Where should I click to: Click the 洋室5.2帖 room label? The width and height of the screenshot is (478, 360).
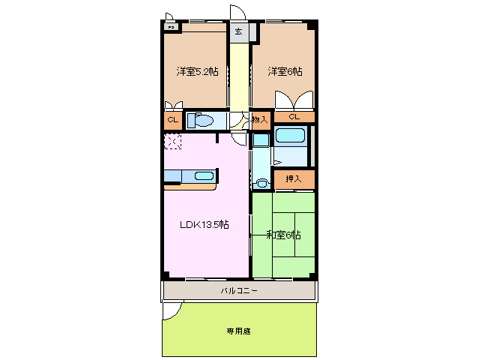(198, 72)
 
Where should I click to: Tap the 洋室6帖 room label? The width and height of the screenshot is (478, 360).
(286, 72)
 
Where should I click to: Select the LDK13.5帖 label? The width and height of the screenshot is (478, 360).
(203, 224)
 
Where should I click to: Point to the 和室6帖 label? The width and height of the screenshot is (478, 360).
(284, 235)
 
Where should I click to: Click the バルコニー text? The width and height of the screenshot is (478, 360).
(239, 290)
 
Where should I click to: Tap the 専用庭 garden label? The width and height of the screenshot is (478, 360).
(239, 330)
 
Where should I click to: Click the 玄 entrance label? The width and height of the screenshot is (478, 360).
(238, 31)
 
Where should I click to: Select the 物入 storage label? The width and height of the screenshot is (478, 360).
(260, 118)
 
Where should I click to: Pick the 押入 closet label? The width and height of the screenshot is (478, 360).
(293, 178)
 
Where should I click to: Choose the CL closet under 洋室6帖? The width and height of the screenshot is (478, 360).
(294, 117)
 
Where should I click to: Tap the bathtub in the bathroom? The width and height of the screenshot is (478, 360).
(290, 137)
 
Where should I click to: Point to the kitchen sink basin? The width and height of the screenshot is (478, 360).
(204, 176)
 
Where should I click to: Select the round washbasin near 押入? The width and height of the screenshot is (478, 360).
(261, 182)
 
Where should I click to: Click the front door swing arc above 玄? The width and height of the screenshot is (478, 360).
(238, 13)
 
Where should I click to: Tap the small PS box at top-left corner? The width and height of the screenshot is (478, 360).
(171, 28)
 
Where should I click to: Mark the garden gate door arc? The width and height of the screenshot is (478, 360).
(172, 310)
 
